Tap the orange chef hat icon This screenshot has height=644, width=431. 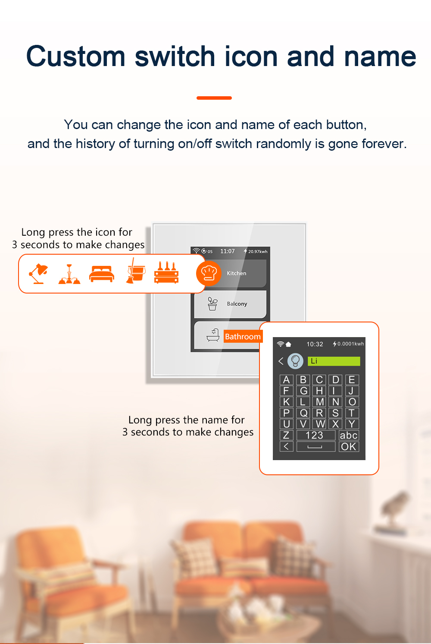point(209,273)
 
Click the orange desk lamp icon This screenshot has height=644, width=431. point(38,274)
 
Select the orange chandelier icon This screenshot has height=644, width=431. point(69,274)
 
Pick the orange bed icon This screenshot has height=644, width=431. point(102,274)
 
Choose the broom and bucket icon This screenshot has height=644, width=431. point(135,271)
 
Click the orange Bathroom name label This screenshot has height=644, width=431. point(243,336)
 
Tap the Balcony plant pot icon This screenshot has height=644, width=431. point(212,303)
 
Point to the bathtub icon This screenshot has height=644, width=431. point(213,335)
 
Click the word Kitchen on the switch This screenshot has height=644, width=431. point(237,273)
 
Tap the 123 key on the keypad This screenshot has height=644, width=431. point(315,435)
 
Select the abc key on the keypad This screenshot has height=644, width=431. point(349,435)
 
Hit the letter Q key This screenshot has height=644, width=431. point(303,413)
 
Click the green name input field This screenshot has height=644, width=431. point(334,361)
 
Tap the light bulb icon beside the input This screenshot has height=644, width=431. point(295,361)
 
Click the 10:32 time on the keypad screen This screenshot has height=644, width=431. point(315,344)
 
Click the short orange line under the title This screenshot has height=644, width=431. point(214,98)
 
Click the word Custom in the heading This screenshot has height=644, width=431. point(75,57)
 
